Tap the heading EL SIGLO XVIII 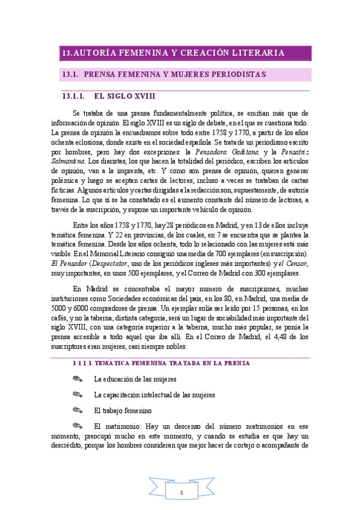pyautogui.click(x=126, y=96)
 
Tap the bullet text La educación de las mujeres pyautogui.click(x=135, y=379)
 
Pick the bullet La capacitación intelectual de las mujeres pyautogui.click(x=154, y=395)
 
